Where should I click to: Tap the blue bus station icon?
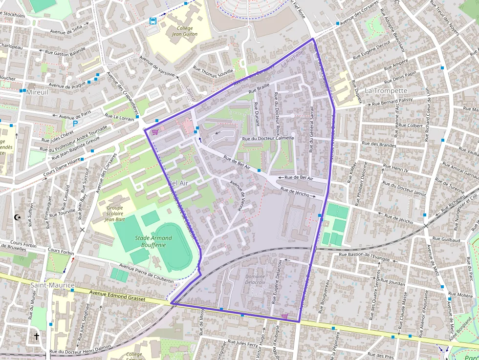click(x=153, y=21)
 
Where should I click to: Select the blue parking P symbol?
click(x=75, y=124)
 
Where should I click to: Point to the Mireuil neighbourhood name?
click(x=38, y=92)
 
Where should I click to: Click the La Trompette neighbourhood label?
click(x=386, y=91)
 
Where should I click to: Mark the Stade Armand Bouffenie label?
click(x=153, y=241)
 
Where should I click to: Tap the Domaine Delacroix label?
click(x=255, y=279)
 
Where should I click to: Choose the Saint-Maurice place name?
click(x=52, y=285)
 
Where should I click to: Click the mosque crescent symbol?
click(x=19, y=217)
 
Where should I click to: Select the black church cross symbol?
click(x=37, y=336)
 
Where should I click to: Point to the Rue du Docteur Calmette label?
click(x=268, y=138)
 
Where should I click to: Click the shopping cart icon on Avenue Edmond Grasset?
click(x=284, y=316)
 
